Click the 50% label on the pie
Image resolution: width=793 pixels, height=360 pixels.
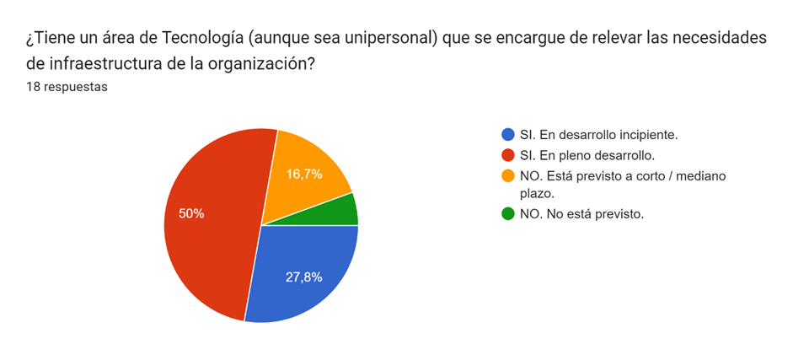191,214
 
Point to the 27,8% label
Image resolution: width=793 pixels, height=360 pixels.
303,277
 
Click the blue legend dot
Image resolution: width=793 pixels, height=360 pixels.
507,135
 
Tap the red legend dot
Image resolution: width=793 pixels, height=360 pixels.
507,155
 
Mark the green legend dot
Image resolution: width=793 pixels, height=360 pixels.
507,214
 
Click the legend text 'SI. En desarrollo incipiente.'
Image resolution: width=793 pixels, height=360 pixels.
599,135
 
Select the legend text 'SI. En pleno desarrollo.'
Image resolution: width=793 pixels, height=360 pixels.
587,155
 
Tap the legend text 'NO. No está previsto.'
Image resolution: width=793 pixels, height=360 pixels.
581,214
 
